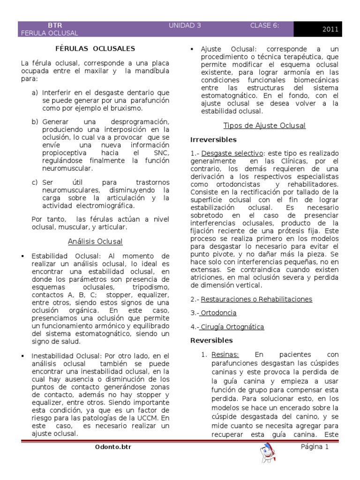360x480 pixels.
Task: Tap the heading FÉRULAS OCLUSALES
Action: pyautogui.click(x=96, y=48)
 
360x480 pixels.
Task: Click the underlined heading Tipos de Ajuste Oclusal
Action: pyautogui.click(x=264, y=126)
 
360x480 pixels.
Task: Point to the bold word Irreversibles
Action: pyautogui.click(x=213, y=140)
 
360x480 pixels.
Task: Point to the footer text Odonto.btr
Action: pyautogui.click(x=113, y=447)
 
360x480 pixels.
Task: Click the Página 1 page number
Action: pyautogui.click(x=315, y=447)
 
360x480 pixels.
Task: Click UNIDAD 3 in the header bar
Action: pyautogui.click(x=185, y=26)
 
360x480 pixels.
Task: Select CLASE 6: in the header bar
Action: pyautogui.click(x=265, y=26)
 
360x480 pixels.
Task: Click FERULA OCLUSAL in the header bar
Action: pyautogui.click(x=50, y=33)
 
